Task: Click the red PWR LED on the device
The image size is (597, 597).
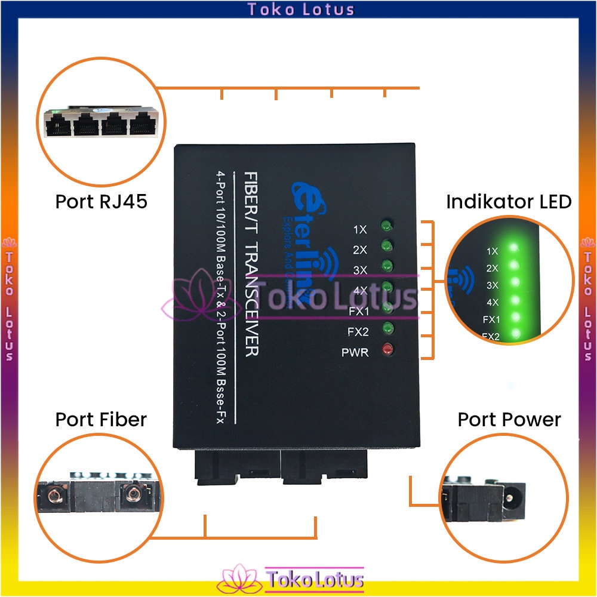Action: pyautogui.click(x=387, y=350)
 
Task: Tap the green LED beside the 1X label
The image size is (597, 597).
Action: pyautogui.click(x=386, y=225)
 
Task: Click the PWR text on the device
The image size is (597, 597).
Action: pyautogui.click(x=355, y=352)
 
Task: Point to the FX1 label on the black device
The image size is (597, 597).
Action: pyautogui.click(x=358, y=311)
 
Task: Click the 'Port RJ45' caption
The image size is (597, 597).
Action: pyautogui.click(x=101, y=201)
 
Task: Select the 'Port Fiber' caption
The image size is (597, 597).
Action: pyautogui.click(x=101, y=419)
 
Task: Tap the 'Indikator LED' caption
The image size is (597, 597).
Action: pyautogui.click(x=509, y=201)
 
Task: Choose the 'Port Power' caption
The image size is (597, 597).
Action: pyautogui.click(x=509, y=419)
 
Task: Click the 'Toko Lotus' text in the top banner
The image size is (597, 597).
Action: pyautogui.click(x=301, y=9)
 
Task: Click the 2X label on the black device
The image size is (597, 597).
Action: pyautogui.click(x=360, y=249)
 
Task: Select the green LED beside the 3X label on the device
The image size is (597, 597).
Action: pyautogui.click(x=387, y=265)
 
